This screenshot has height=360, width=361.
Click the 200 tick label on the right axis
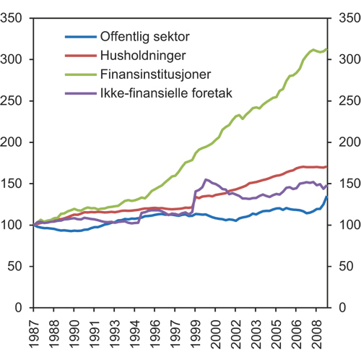point(340,142)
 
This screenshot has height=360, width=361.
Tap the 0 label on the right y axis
point(333,308)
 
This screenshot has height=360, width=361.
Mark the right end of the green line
point(327,48)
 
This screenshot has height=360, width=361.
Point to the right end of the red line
point(327,166)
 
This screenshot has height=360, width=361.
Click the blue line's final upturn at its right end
point(327,197)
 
